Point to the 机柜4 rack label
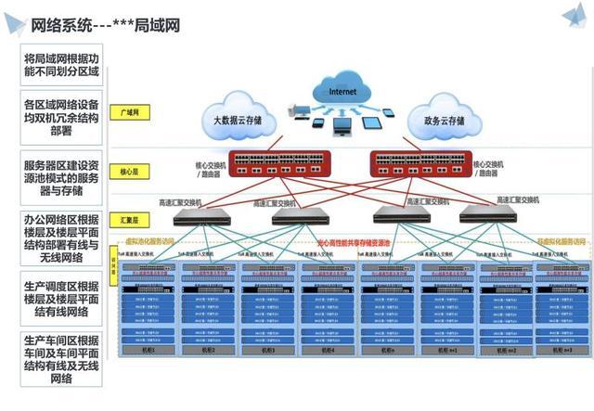click(x=325, y=351)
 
